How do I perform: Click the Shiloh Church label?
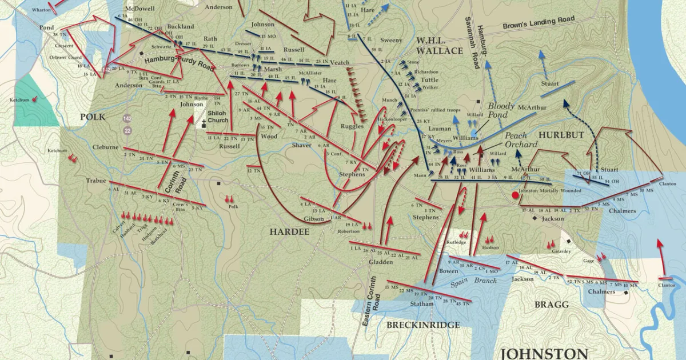pyautogui.click(x=218, y=117)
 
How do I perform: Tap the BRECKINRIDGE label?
pyautogui.click(x=423, y=325)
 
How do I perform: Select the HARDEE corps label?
pyautogui.click(x=289, y=231)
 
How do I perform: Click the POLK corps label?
pyautogui.click(x=93, y=117)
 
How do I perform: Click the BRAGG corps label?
pyautogui.click(x=552, y=305)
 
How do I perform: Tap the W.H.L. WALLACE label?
pyautogui.click(x=439, y=46)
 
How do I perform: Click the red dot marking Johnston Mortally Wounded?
pyautogui.click(x=515, y=195)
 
